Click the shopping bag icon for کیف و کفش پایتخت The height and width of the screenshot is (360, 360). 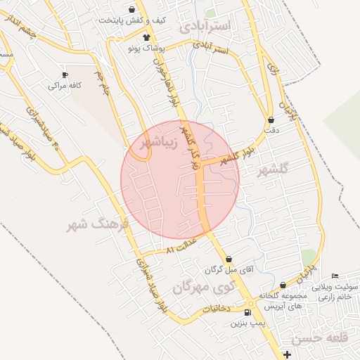(123, 9)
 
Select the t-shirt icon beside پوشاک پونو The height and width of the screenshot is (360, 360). (146, 38)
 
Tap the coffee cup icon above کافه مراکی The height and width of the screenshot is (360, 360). (65, 75)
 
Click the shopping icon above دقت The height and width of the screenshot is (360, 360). (271, 120)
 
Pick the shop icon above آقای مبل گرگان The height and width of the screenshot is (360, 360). (229, 259)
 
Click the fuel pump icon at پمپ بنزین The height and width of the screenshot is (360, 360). (247, 313)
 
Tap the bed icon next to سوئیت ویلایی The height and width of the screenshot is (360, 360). (335, 275)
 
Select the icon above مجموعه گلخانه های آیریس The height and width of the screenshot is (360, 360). (283, 285)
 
